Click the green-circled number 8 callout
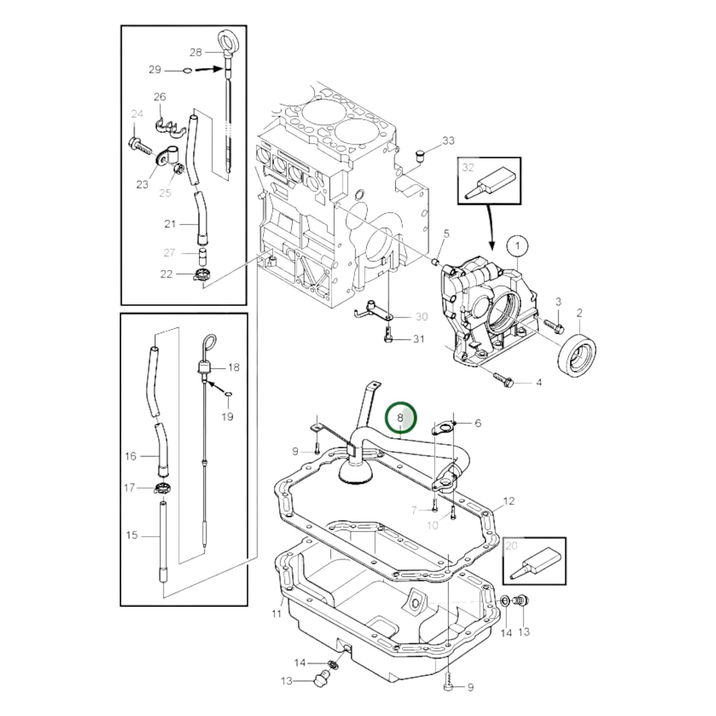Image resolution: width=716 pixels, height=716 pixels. coord(401,418)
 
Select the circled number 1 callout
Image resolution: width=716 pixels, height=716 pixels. coord(518,246)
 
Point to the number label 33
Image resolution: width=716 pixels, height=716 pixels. coord(448,141)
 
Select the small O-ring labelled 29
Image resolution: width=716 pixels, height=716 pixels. coord(187,71)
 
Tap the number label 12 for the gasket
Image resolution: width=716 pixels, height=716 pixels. coord(509,501)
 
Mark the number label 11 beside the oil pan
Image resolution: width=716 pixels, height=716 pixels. coord(276,613)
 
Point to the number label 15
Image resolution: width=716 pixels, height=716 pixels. coord(132,535)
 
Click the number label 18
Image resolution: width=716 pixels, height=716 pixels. coord(233,367)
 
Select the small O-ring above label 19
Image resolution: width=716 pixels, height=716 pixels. coord(227,394)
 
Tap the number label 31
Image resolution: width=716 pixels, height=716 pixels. coord(419,339)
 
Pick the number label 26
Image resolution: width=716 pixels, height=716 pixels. coord(160,97)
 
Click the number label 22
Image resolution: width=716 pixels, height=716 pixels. coord(166,274)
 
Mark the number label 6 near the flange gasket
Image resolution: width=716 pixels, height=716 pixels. coord(478,423)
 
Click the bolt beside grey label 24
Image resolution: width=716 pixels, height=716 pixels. coord(139,146)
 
